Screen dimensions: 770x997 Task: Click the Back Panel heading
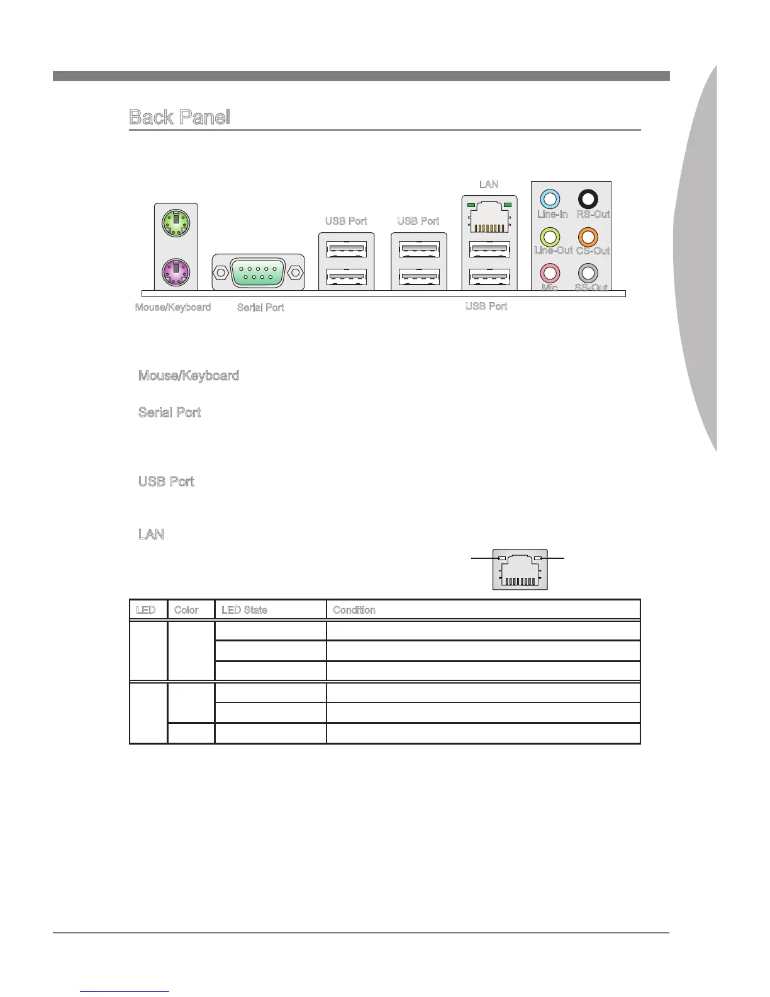click(x=179, y=117)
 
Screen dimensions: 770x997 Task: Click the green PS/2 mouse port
click(x=177, y=222)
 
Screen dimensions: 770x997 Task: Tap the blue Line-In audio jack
click(x=550, y=200)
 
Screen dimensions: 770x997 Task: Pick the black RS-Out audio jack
click(x=588, y=200)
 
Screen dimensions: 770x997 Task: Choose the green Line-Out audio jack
click(x=550, y=237)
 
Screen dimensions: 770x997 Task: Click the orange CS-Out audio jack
click(x=588, y=237)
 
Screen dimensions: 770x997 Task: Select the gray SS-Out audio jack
click(x=588, y=273)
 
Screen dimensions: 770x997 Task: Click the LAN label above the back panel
click(x=489, y=184)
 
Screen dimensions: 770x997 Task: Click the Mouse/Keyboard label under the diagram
click(x=173, y=307)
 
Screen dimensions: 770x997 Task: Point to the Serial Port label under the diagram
click(x=260, y=307)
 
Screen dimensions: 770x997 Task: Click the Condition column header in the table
click(x=354, y=610)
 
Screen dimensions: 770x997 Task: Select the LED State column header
click(x=244, y=610)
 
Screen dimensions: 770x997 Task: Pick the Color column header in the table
click(x=186, y=610)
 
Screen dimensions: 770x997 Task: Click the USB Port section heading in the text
click(x=166, y=482)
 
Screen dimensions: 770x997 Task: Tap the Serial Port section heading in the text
click(x=169, y=413)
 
